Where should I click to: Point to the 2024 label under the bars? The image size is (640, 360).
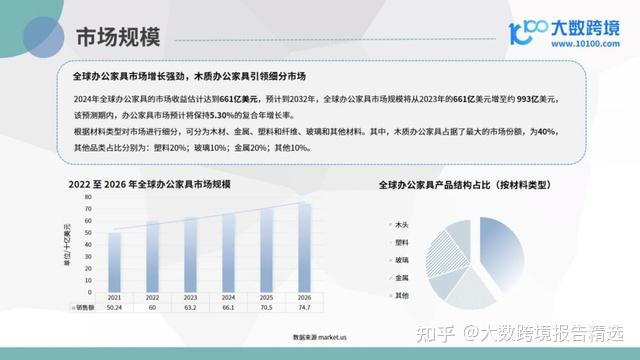pyautogui.click(x=228, y=298)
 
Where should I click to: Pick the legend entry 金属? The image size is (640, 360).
pyautogui.click(x=402, y=276)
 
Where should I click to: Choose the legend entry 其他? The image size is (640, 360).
pyautogui.click(x=402, y=294)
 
